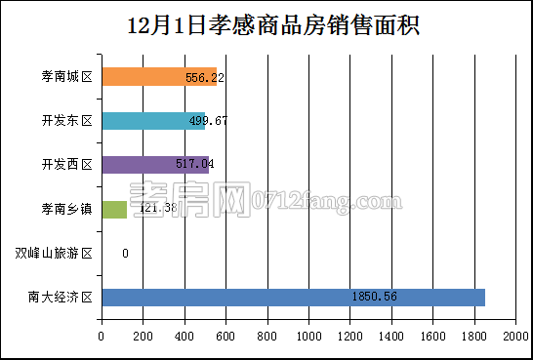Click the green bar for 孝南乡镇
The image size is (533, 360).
[113, 209]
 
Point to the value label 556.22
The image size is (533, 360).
[205, 77]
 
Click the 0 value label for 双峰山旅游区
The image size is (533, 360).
[125, 254]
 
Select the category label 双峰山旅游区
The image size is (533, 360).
[54, 254]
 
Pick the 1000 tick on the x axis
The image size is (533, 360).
[308, 338]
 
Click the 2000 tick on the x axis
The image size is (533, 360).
[515, 338]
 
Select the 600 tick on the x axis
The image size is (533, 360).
[225, 338]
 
